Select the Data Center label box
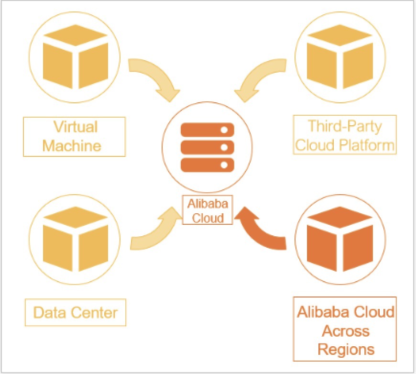[75, 313]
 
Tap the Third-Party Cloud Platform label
[345, 135]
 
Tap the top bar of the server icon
[207, 130]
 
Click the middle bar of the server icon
[207, 147]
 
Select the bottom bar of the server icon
[207, 164]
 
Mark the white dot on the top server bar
[223, 130]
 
